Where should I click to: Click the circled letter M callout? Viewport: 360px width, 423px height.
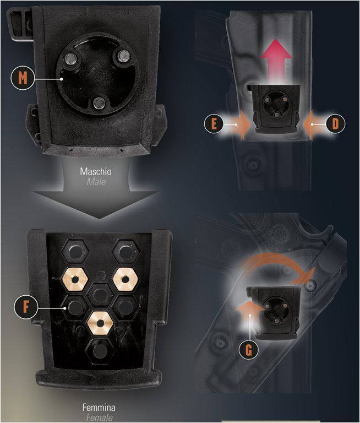pos(21,78)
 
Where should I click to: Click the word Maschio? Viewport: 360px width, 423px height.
pos(95,172)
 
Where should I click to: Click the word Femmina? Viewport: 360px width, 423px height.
pos(98,408)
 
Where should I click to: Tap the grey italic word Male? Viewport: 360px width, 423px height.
pos(95,181)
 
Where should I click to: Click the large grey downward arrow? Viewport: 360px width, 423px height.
pos(95,198)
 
